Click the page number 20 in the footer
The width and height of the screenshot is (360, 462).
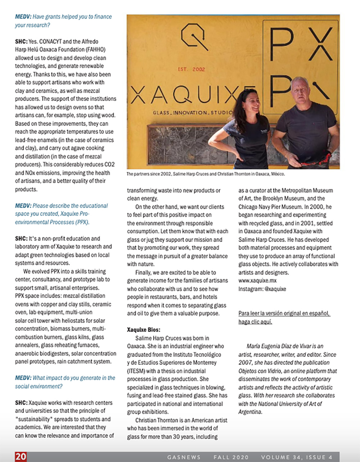[21, 456]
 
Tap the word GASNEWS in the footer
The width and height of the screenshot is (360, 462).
[184, 457]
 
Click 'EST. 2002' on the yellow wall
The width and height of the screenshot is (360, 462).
[191, 69]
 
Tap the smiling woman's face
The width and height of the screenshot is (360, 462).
[249, 103]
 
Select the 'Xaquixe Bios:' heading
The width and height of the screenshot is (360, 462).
[144, 329]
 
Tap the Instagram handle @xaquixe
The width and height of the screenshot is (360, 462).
[275, 289]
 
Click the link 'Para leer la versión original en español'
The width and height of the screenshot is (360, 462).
[284, 313]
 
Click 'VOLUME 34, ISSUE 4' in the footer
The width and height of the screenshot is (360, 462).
[297, 457]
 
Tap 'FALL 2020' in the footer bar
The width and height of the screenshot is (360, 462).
[231, 457]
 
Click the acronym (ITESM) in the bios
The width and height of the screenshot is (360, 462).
[135, 371]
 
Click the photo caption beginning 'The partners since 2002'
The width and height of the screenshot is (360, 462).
[205, 174]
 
